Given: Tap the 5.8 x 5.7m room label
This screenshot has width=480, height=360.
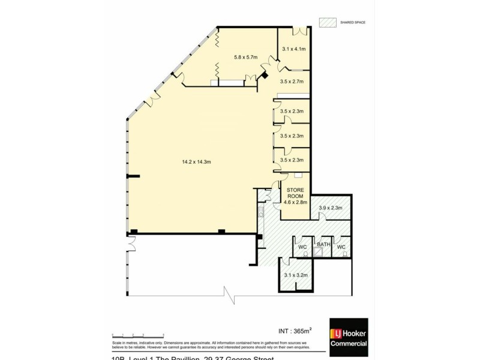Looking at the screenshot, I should click(245, 58).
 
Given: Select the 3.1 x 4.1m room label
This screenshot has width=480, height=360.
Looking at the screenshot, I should click(294, 49).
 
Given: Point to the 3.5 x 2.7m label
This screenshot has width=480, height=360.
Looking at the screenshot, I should click(292, 81).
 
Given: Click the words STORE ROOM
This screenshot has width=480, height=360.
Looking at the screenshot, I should click(295, 193).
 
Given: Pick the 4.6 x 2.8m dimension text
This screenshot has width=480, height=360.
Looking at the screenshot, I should click(295, 203).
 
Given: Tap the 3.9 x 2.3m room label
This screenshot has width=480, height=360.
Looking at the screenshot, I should click(330, 208).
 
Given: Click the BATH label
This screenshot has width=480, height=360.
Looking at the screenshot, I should click(323, 244).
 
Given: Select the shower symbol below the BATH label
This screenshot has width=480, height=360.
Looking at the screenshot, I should click(319, 253).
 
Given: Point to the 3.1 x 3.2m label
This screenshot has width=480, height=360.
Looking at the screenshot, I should click(295, 275).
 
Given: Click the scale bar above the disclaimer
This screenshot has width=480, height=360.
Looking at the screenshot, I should click(138, 335).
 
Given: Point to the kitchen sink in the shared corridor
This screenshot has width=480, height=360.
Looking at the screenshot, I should click(261, 211).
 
